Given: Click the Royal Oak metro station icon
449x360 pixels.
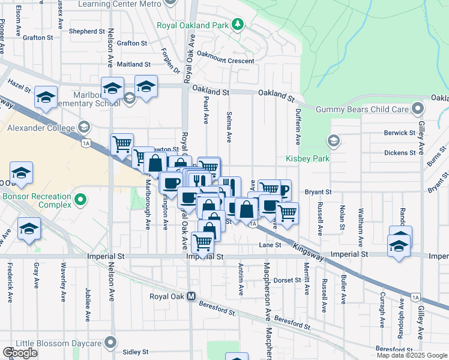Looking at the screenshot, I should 191,296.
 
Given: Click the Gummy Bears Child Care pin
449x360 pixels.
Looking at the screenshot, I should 418,109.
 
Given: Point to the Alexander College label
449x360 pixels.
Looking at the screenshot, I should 41,127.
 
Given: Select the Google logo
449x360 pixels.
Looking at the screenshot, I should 20,353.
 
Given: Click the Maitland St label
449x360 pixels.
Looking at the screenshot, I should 134,64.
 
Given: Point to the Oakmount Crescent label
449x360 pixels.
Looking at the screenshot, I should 222,60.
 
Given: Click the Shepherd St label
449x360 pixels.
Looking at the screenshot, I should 87,31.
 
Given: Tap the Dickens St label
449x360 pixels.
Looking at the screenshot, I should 400,153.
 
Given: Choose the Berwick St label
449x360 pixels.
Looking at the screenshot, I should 400,133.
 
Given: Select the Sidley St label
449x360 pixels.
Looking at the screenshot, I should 135,352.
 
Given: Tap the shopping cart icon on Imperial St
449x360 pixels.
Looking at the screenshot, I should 202,243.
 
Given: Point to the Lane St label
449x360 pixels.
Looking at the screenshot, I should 270,245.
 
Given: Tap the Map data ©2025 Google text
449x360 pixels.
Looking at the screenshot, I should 412,355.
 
